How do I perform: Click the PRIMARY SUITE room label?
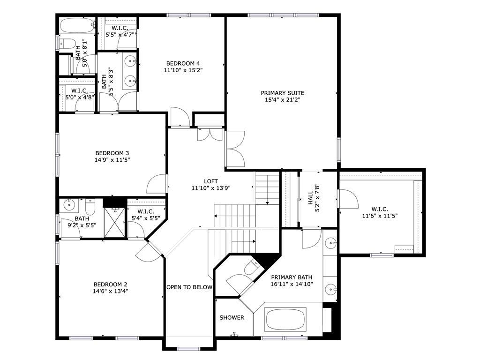[282, 93]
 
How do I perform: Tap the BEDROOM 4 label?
[183, 63]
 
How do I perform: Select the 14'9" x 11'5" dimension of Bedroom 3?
[112, 160]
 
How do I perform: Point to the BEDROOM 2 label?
[110, 284]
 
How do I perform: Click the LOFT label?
[211, 181]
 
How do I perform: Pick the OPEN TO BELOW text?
[189, 287]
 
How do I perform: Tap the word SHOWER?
[232, 317]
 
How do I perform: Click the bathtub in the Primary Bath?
[285, 319]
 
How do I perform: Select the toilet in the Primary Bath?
[251, 267]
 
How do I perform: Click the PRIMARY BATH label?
[292, 277]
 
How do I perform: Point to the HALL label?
[310, 198]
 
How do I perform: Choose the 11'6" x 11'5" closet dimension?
[380, 216]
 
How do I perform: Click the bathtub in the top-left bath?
[77, 26]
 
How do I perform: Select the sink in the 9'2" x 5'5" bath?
[69, 204]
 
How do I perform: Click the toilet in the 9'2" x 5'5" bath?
[90, 207]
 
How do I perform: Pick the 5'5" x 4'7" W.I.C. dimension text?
[120, 35]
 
